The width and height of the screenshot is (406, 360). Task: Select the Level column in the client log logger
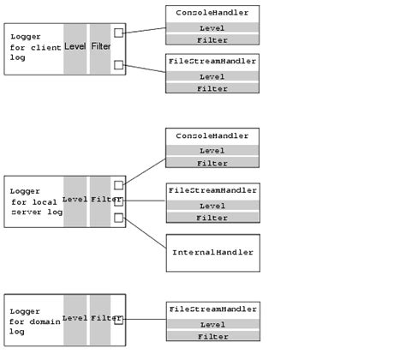(75, 46)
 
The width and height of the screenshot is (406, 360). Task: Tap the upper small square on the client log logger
(118, 33)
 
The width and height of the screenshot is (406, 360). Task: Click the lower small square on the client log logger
(118, 64)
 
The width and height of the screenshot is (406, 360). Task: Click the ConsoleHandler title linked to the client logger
(212, 13)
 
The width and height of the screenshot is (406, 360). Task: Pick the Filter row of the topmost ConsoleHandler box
(212, 39)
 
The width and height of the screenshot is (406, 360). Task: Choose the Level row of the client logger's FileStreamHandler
(212, 76)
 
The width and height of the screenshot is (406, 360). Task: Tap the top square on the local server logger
(118, 185)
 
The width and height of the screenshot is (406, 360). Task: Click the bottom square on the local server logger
(118, 218)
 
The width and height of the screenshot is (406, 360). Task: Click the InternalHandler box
(212, 253)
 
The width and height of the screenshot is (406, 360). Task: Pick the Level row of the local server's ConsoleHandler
(212, 150)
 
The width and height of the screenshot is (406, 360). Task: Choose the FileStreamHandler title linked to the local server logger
(212, 189)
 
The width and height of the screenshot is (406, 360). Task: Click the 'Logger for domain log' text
(33, 319)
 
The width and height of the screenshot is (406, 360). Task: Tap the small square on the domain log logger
(118, 320)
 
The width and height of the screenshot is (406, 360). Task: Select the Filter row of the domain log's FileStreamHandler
(212, 336)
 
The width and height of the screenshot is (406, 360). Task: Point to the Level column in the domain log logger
(75, 319)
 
